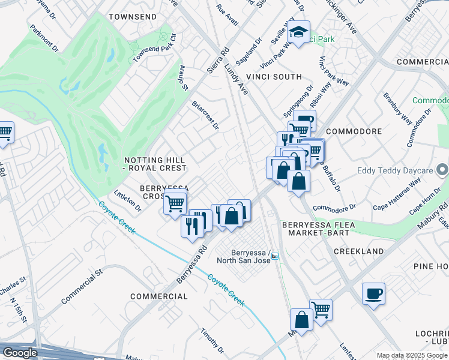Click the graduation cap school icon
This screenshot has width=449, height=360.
click(298, 33)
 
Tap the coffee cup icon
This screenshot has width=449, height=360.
click(373, 294)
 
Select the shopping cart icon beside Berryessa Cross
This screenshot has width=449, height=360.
click(175, 203)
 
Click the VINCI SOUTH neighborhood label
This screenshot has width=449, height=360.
click(274, 77)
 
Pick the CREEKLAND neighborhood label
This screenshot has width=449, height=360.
click(358, 251)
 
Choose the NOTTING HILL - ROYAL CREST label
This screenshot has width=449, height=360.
click(155, 164)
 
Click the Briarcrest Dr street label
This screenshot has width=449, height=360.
click(205, 114)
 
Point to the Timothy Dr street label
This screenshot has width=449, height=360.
click(212, 341)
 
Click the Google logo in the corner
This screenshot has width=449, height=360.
click(20, 353)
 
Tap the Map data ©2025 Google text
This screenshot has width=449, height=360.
click(412, 355)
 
